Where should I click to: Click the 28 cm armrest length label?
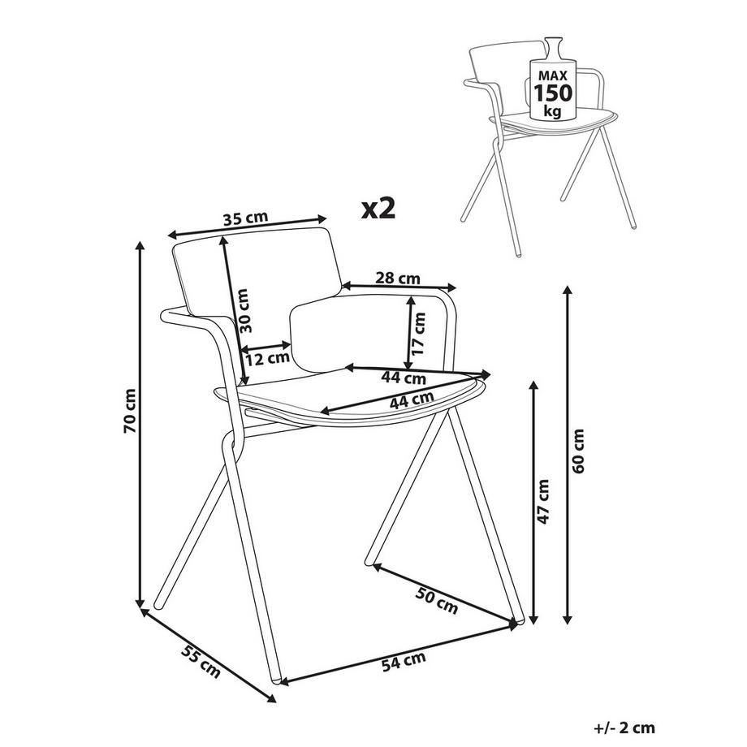[397, 278]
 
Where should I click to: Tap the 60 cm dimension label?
[577, 453]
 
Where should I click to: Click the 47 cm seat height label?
[543, 501]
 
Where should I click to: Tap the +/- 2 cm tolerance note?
[625, 728]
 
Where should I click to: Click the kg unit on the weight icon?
[553, 110]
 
